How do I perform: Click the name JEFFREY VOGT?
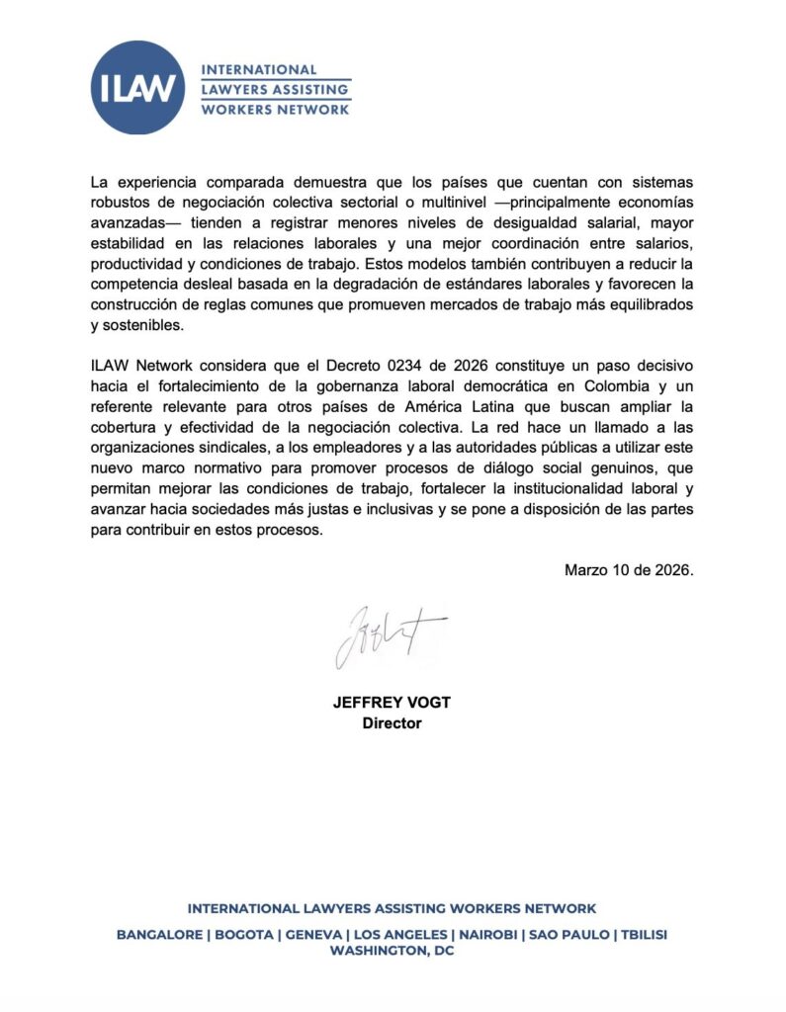(x=392, y=704)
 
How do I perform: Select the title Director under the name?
(x=392, y=723)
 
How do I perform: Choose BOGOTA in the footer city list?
(x=245, y=934)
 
